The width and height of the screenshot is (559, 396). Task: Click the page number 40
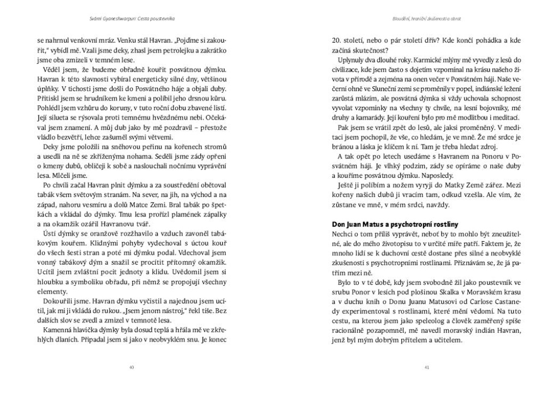tap(131, 367)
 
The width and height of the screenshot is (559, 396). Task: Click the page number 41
tap(427, 367)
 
